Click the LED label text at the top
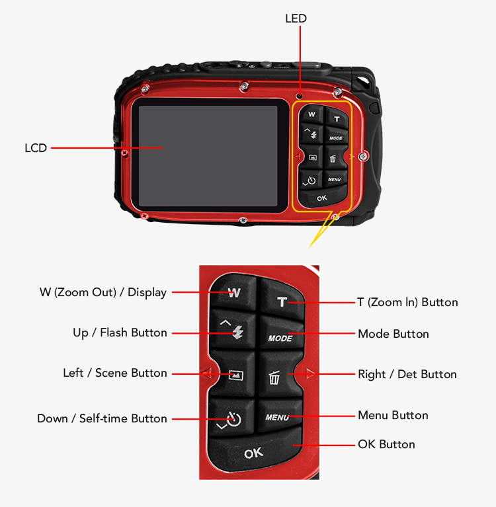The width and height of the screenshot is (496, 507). tap(296, 19)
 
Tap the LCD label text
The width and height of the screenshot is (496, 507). tap(36, 148)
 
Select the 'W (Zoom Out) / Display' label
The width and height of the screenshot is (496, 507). tap(103, 292)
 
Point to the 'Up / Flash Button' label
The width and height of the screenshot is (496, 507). tap(120, 332)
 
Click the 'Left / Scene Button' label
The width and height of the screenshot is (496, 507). tap(115, 373)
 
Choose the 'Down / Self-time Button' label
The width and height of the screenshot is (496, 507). tap(102, 418)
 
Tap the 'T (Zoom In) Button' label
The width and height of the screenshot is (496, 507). tap(407, 302)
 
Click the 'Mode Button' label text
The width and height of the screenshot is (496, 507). tap(393, 334)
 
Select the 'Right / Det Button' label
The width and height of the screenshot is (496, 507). tap(407, 374)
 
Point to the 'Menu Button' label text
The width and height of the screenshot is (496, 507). tap(393, 415)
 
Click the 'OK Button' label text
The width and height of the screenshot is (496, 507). tap(386, 444)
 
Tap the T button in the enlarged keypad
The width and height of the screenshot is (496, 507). tap(282, 302)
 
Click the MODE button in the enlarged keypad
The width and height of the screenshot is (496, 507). tap(280, 338)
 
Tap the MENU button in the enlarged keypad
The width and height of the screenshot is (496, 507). tap(277, 417)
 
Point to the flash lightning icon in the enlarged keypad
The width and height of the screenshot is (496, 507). tap(238, 333)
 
